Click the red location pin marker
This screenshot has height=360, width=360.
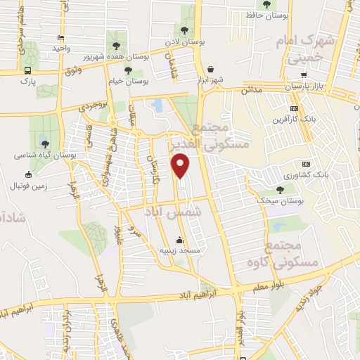(x=181, y=165)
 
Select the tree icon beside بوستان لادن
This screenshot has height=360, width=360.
(x=184, y=30)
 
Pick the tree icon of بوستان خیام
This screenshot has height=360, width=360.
(x=128, y=70)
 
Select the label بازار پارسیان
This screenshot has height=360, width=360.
(x=309, y=86)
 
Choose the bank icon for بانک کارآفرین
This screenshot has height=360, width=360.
(x=294, y=108)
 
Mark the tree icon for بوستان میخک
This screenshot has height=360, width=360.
(x=281, y=189)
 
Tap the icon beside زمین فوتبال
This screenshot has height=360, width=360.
(x=29, y=174)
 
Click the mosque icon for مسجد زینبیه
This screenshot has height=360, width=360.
(x=181, y=239)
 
